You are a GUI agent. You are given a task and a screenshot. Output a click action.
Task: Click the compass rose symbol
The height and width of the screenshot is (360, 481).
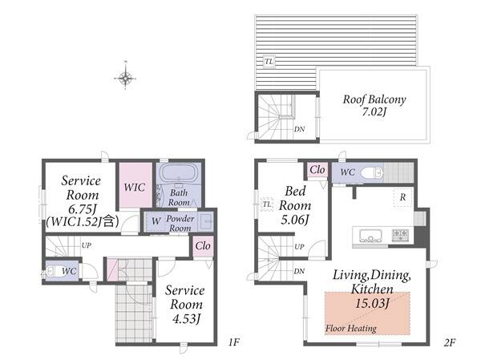coord(125,79)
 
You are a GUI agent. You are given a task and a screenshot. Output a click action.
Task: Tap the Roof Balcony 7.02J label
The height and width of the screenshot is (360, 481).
coord(374,105)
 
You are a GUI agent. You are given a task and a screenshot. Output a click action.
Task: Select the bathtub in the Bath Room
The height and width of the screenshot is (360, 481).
coord(179,173)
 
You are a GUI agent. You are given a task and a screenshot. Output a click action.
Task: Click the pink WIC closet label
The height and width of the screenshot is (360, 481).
coord(135,187)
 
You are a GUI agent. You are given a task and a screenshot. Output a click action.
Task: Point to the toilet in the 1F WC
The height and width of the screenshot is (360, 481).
coord(53,271)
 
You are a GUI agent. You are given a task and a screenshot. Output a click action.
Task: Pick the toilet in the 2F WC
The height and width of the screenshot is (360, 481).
coord(372,173)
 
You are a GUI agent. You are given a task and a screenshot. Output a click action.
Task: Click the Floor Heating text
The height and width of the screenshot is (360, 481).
coord(351,329)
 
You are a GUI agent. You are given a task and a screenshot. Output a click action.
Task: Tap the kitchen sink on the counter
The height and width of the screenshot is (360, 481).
coord(371,236)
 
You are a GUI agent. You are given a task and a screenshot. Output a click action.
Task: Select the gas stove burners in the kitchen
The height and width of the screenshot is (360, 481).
coord(400,235)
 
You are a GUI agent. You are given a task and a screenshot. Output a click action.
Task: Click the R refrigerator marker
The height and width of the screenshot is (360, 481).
coord(402,197)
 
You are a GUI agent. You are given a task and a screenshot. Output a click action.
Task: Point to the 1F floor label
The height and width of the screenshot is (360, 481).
coord(234,342)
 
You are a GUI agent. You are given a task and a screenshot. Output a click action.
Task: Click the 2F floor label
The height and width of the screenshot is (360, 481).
coord(450,342)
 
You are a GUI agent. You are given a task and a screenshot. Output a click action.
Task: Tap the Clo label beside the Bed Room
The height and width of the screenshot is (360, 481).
coord(317,170)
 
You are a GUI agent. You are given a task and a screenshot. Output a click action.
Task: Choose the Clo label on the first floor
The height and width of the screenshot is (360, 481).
coord(203,245)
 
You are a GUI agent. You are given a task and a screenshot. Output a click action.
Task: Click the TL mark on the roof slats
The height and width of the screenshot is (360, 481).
coord(269,62)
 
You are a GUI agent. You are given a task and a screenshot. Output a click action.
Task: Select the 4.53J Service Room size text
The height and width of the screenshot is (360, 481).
coord(187,319)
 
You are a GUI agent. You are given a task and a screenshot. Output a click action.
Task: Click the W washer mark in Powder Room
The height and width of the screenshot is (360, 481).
coord(156,220)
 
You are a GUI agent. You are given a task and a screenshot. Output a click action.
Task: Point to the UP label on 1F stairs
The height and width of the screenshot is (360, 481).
coord(87,245)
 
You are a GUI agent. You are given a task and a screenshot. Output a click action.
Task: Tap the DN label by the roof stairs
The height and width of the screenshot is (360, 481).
coord(299,129)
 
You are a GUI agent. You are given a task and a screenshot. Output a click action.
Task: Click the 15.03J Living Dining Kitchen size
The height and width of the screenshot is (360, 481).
coord(372,304)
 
